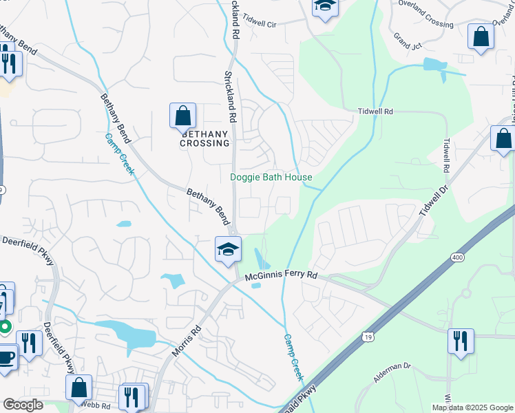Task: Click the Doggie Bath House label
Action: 271,178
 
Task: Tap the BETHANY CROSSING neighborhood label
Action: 204,138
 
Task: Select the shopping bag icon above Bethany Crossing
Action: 182,116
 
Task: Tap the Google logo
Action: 23,405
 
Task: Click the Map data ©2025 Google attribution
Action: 472,407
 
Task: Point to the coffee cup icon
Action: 6,358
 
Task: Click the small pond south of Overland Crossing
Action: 435,65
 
